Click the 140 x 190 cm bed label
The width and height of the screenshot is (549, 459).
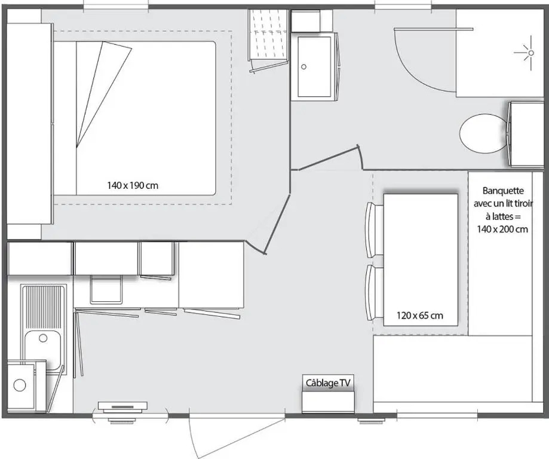133,185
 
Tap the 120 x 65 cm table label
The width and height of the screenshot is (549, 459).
420,316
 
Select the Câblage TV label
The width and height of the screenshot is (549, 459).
328,383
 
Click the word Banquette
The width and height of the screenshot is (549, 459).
503,191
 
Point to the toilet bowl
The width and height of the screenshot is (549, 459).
483,133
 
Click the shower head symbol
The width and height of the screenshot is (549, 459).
531,53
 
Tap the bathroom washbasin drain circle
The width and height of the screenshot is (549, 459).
304,66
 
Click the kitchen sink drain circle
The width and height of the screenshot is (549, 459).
43,338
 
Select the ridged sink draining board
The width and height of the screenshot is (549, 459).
43,307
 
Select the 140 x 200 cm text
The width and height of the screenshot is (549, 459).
502,229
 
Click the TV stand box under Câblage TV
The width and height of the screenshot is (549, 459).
328,402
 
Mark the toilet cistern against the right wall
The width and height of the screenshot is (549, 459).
525,134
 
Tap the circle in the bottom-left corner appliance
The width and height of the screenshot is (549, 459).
20,385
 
